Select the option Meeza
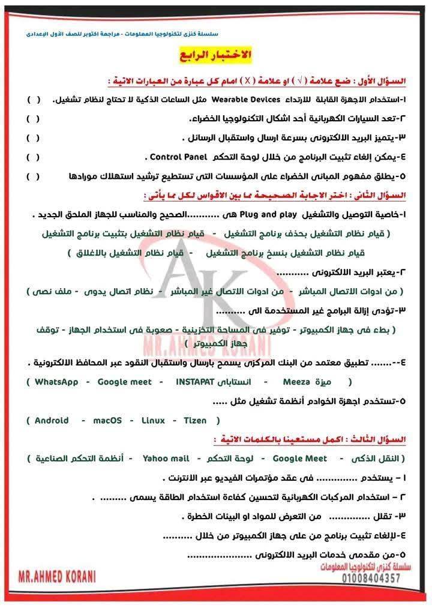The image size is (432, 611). [x=296, y=382]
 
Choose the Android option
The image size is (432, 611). [x=52, y=421]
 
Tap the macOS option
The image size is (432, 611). [x=107, y=421]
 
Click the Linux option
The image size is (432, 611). [x=153, y=421]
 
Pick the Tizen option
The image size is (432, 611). [x=194, y=421]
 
